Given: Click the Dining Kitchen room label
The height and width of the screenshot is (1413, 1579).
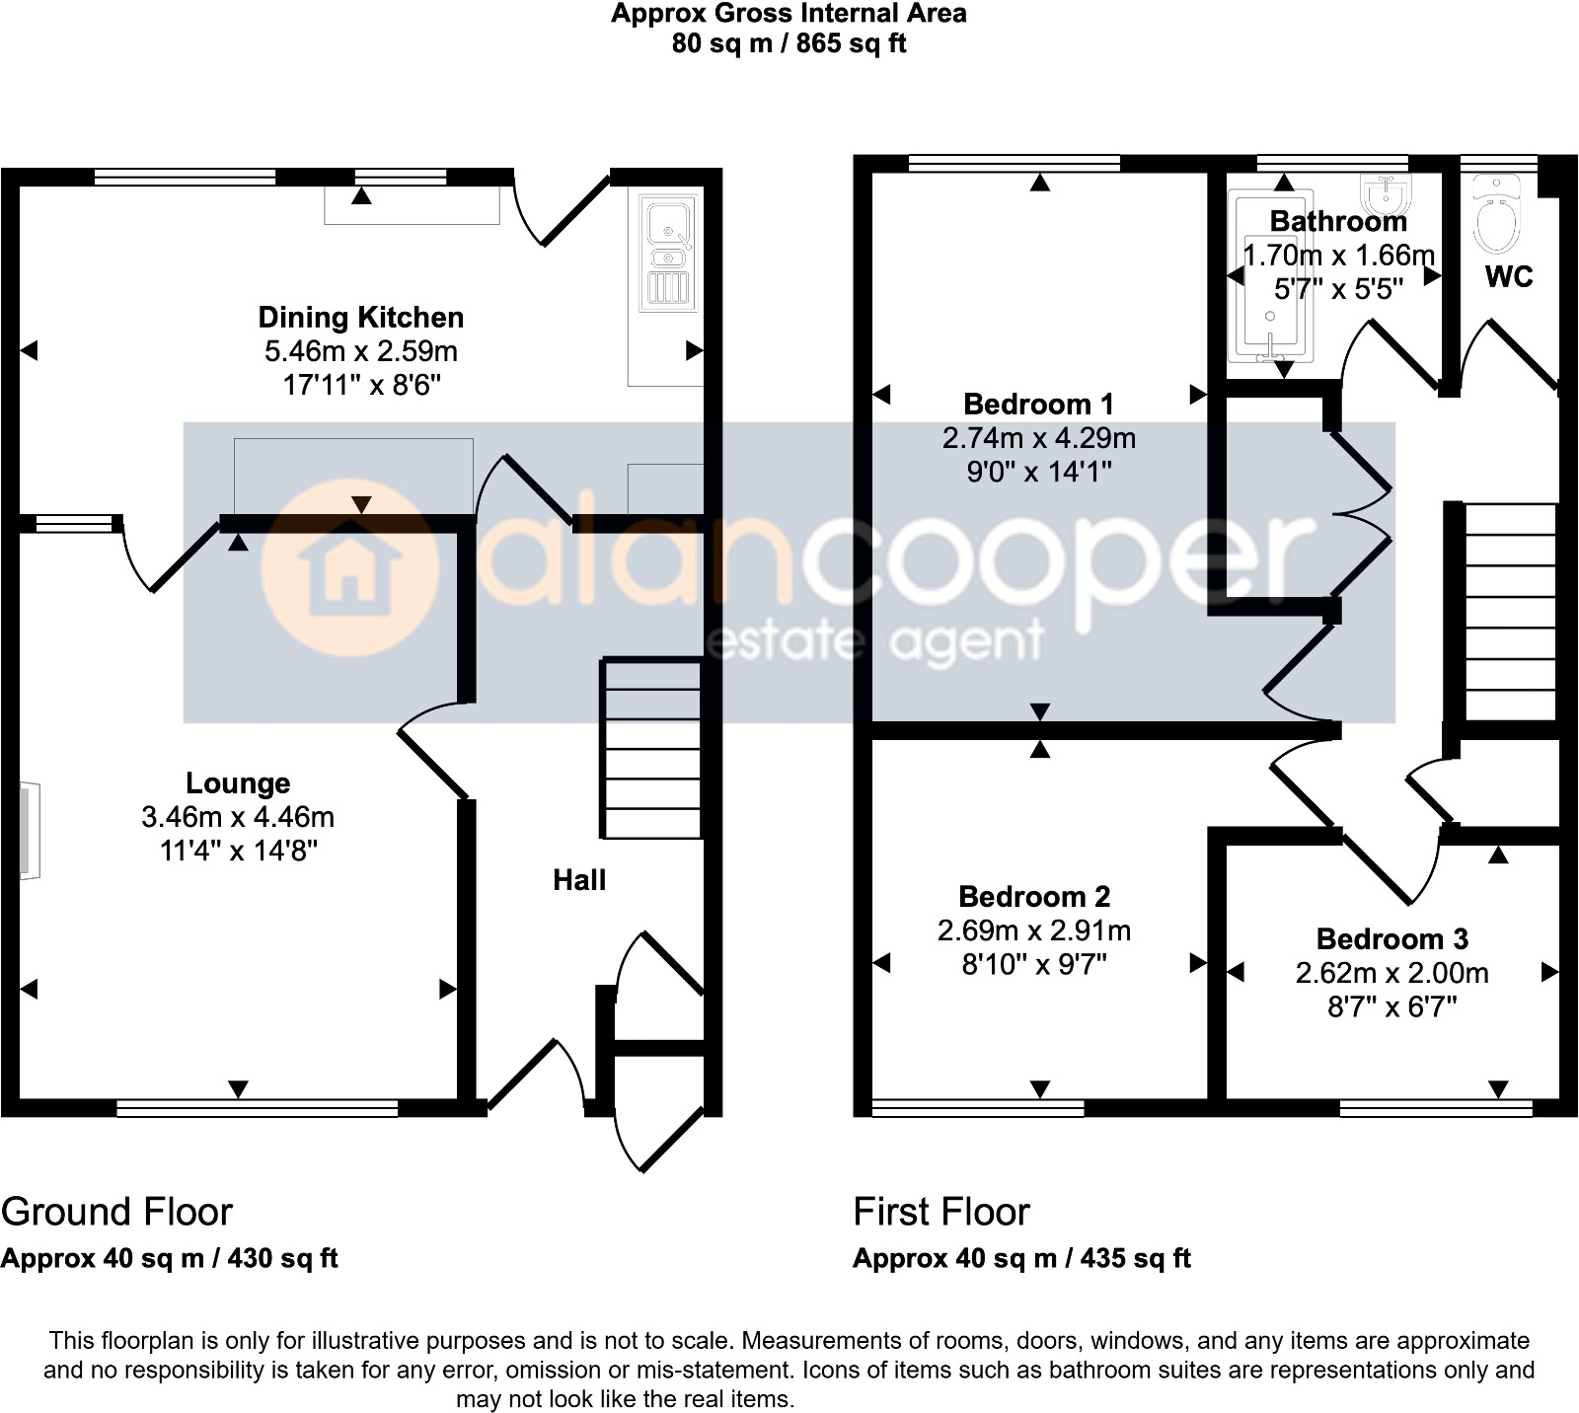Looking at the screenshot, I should point(360,318).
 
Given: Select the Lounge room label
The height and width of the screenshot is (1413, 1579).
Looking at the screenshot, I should point(238,783).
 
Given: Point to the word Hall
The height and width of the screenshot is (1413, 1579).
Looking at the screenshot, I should point(579,880).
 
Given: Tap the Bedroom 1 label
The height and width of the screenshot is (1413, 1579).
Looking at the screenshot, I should point(1038,405).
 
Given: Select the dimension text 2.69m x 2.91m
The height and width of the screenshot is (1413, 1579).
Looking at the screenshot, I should point(1033,930).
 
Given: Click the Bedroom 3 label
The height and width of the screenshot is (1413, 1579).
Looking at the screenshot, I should point(1391,938).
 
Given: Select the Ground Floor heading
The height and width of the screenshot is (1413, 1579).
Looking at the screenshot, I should point(116,1212).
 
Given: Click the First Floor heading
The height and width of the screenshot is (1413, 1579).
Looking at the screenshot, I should point(940,1212).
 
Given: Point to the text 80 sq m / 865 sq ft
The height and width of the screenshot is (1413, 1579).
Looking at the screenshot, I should point(789,43).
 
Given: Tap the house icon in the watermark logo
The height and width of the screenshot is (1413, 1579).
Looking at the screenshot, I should point(349,568).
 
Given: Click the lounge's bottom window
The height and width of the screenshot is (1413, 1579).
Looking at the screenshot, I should point(257,1109).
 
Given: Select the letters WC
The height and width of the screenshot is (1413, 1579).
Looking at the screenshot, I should point(1508,277).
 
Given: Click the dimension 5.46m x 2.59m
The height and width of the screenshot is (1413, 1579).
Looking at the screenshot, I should point(360,351).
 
